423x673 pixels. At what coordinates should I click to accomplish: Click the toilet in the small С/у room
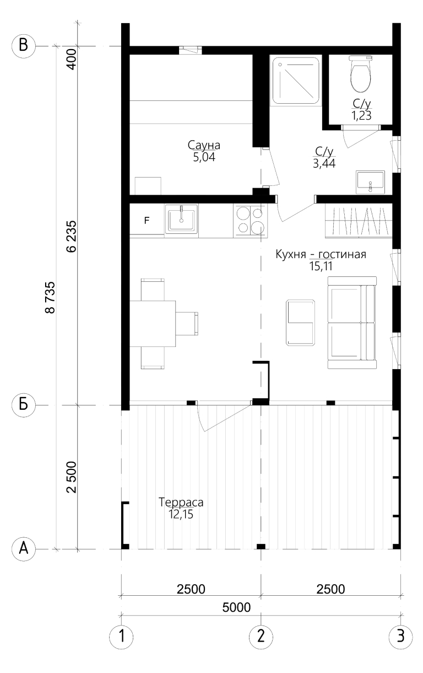[361, 74]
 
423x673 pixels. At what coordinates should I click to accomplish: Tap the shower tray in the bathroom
[295, 80]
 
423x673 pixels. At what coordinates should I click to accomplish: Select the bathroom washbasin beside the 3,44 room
[370, 182]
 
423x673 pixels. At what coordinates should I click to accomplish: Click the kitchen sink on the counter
[181, 219]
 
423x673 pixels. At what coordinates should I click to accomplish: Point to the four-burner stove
[250, 220]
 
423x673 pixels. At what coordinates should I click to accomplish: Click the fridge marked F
[147, 221]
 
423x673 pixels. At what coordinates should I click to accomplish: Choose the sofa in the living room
[352, 323]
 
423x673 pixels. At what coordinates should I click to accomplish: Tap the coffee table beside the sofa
[300, 322]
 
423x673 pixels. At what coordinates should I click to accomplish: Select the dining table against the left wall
[153, 324]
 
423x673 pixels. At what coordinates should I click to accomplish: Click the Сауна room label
[204, 145]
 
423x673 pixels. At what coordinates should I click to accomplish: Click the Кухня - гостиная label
[321, 254]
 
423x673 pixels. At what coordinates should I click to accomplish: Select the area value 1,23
[361, 115]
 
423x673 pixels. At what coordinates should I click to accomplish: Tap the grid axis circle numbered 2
[261, 636]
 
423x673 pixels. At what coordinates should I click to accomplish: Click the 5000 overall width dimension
[236, 607]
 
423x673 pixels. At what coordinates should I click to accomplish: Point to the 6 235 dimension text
[72, 237]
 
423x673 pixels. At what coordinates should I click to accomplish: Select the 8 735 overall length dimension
[50, 297]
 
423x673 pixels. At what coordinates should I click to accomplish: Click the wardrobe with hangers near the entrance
[359, 221]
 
